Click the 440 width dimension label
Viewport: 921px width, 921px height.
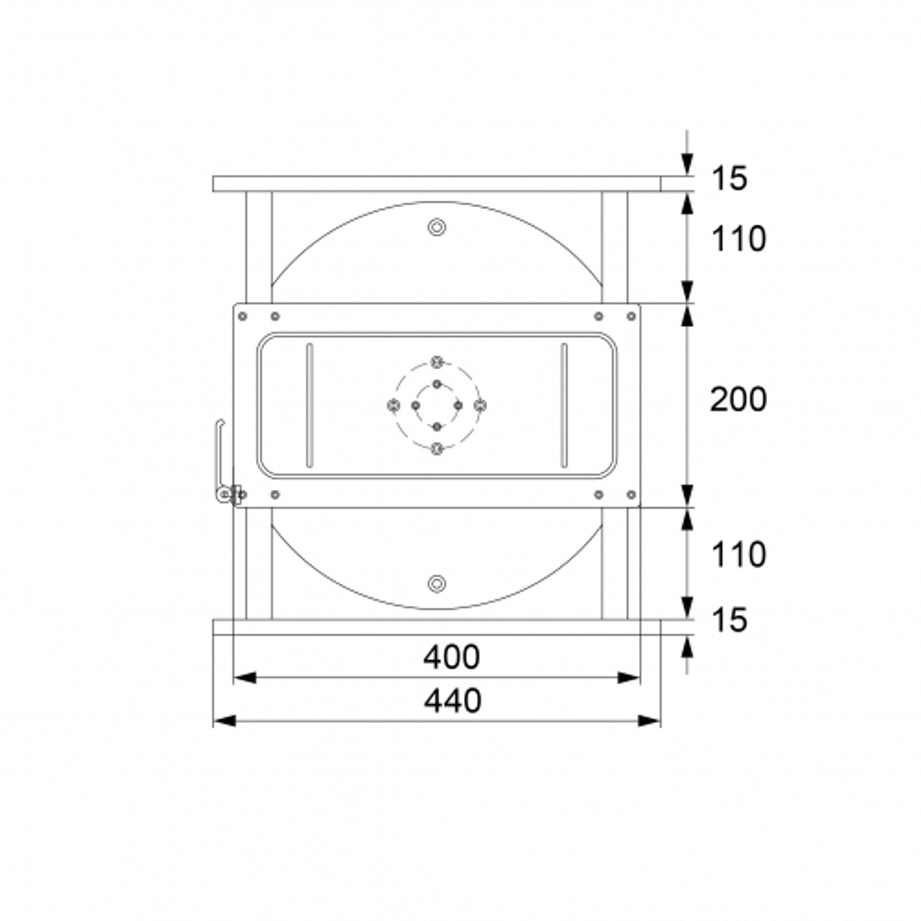click(x=452, y=700)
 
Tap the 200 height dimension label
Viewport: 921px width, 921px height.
click(x=738, y=399)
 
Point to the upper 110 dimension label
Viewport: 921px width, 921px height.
click(x=738, y=239)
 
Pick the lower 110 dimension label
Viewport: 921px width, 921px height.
click(x=738, y=555)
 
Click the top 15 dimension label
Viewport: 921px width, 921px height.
click(x=730, y=178)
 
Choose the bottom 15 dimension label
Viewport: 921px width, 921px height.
click(x=730, y=620)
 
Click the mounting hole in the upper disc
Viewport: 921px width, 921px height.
click(x=436, y=227)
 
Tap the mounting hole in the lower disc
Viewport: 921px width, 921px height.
click(x=436, y=584)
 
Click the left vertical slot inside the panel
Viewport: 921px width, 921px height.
click(x=309, y=405)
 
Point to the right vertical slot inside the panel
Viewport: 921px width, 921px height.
click(x=564, y=405)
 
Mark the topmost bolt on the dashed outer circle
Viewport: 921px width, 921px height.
click(x=436, y=362)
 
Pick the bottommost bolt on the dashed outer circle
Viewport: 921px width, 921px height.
click(x=436, y=448)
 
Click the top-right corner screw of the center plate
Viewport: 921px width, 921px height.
click(x=631, y=316)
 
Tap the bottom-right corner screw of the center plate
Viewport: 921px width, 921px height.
click(x=631, y=494)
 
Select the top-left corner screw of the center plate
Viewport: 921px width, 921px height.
click(x=242, y=316)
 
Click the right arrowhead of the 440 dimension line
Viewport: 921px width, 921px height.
click(x=650, y=720)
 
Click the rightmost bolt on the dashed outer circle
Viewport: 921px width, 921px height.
click(x=480, y=405)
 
